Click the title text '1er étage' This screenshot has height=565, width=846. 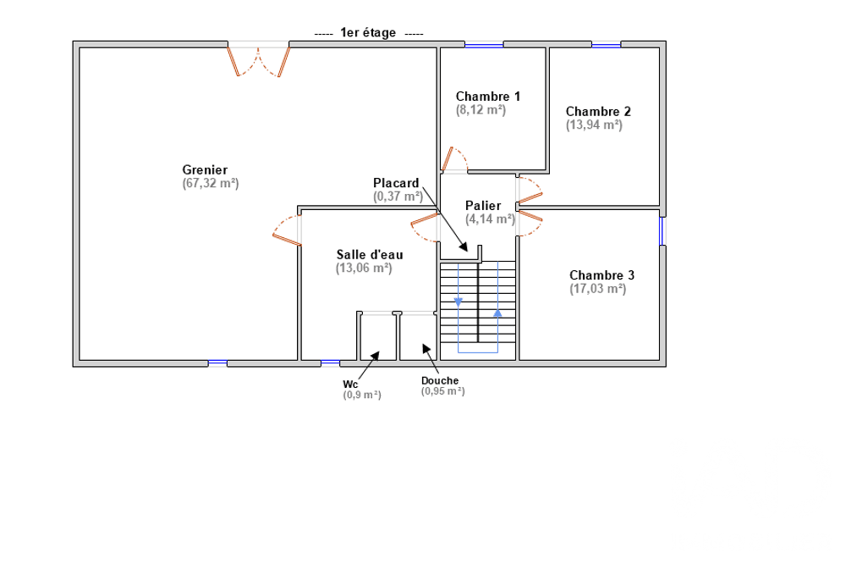(368, 33)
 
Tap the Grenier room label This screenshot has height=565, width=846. (205, 169)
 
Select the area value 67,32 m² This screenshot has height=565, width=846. (211, 183)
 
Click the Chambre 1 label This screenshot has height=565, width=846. (488, 97)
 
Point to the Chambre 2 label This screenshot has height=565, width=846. (598, 112)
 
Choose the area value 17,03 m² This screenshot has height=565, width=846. (598, 289)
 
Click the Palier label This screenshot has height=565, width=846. (483, 206)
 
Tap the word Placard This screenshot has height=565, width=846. (396, 183)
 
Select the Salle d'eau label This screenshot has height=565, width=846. (370, 254)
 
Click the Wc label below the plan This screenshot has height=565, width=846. (350, 384)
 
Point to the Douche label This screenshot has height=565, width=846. (440, 381)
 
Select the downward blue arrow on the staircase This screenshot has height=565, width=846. (458, 302)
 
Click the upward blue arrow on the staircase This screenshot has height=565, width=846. (497, 313)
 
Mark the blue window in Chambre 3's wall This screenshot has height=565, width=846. (662, 231)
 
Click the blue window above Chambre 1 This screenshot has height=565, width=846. (484, 46)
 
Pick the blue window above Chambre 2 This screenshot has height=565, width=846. (606, 46)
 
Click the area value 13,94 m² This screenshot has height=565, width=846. (594, 125)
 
